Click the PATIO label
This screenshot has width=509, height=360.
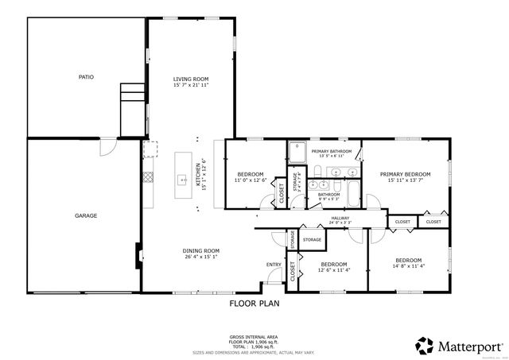(x=86, y=77)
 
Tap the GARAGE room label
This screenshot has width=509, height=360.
(x=86, y=215)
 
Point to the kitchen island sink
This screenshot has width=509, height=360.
(x=181, y=177)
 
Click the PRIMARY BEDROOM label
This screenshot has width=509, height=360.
(x=405, y=174)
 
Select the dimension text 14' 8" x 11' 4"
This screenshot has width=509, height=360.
(x=409, y=265)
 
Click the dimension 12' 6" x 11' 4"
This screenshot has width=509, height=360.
(x=334, y=269)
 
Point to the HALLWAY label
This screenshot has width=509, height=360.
(x=341, y=219)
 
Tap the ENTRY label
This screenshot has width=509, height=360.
(x=274, y=265)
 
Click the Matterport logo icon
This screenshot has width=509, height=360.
(x=423, y=346)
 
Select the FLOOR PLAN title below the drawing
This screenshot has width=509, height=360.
(x=254, y=303)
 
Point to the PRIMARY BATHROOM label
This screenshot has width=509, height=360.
(x=332, y=151)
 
